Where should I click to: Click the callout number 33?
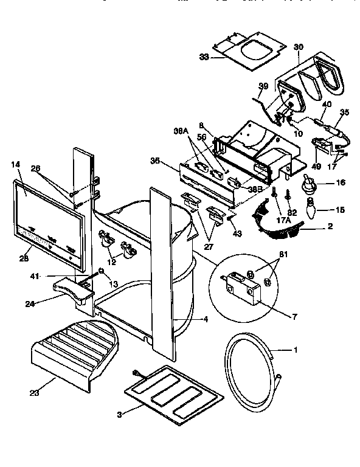coord(204,57)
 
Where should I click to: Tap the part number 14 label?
coord(15,164)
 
